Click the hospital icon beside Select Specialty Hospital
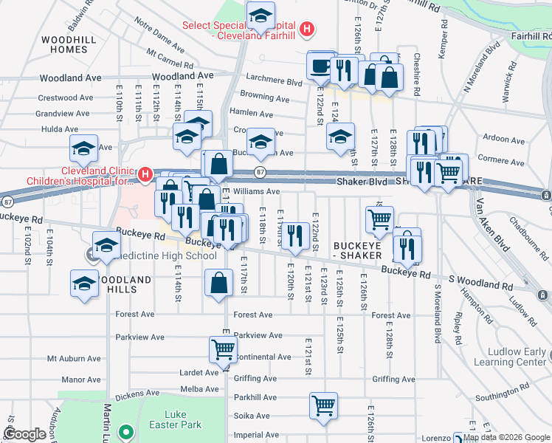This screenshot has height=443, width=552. pos(308,30)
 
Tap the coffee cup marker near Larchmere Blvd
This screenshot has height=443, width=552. pos(320,66)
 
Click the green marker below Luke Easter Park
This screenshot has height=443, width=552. pos(126,433)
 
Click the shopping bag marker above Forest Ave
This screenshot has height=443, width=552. pos(219,284)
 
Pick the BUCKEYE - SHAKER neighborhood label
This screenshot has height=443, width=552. pos(356,250)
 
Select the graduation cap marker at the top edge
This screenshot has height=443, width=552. pos(260,16)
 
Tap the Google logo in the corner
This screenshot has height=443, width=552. pos(25,435)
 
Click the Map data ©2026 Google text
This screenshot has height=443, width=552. pos(506,437)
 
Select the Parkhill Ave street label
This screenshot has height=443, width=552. pos(255,397)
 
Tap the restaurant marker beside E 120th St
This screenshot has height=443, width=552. pos(294,236)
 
